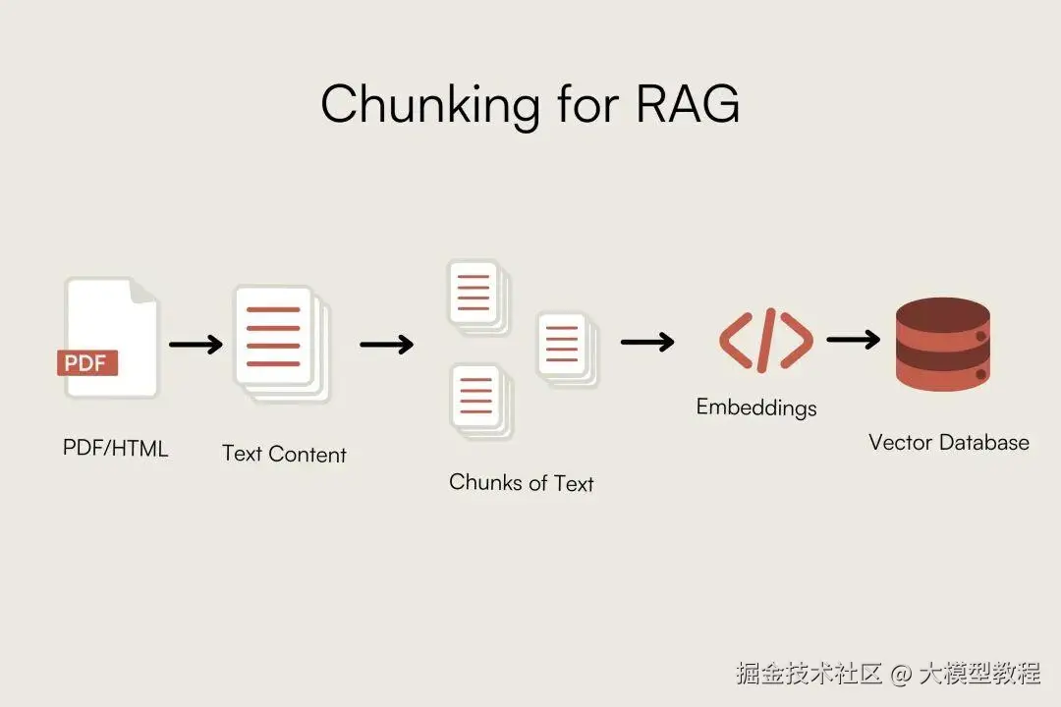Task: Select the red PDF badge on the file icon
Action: (x=87, y=362)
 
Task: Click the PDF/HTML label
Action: (x=116, y=449)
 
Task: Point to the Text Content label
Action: (x=284, y=454)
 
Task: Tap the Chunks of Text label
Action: (x=521, y=482)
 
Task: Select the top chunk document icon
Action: (x=476, y=294)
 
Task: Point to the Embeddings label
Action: (x=755, y=407)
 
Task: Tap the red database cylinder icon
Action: (x=942, y=346)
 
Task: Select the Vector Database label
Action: (x=948, y=442)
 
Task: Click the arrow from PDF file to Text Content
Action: (x=195, y=345)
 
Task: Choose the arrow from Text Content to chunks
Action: (x=386, y=345)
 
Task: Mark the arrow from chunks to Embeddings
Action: (x=647, y=342)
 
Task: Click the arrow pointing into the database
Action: (x=853, y=339)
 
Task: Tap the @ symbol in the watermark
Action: (x=901, y=674)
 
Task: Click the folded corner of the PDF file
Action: (x=143, y=292)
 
